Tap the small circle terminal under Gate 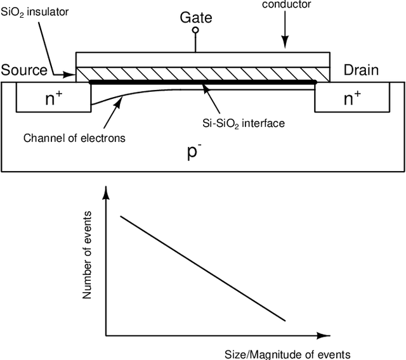195,30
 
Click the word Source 24,70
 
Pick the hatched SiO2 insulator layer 203,74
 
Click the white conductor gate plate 203,59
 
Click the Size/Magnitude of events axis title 287,354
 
